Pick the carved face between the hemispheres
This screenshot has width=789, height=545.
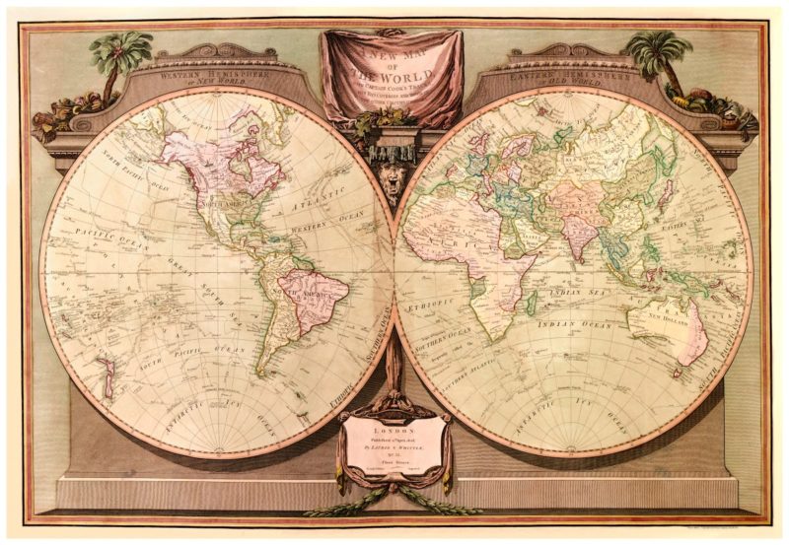point(394,158)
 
